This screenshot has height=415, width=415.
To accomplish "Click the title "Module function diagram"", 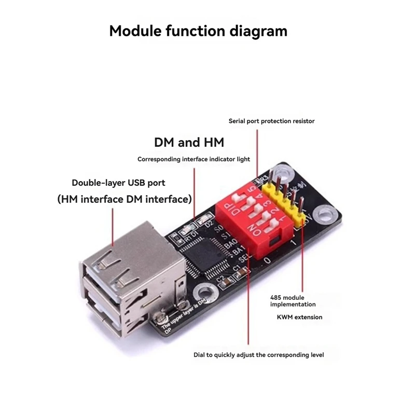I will [198, 31].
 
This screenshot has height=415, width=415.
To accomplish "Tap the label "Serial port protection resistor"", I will [272, 121].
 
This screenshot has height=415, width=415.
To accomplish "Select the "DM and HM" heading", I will [189, 142].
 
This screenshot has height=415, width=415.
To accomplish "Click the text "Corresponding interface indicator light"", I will [193, 159].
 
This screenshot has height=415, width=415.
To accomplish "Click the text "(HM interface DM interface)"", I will [125, 199].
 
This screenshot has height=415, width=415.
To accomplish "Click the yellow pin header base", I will [285, 208].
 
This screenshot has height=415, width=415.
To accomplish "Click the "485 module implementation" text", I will [293, 301].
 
